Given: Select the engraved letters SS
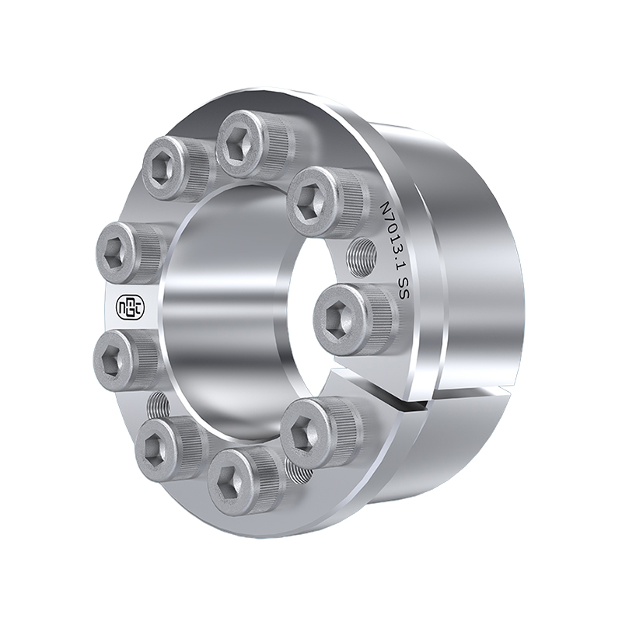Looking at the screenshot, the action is point(398,295).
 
